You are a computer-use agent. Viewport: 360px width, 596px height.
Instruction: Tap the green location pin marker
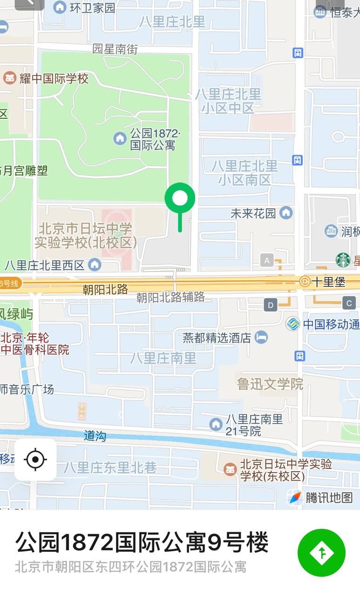(x=180, y=199)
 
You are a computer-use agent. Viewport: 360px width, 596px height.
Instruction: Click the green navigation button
(x=321, y=553)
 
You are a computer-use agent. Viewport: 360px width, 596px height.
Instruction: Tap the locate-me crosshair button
(x=35, y=460)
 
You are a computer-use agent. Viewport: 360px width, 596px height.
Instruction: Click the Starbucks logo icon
(x=343, y=260)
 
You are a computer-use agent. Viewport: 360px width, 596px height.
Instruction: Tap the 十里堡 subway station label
(x=328, y=281)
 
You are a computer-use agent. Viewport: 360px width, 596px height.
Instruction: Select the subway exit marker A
(x=267, y=260)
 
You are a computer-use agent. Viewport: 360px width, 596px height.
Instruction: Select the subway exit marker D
(x=271, y=305)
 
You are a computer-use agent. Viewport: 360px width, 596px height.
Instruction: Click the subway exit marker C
(x=349, y=303)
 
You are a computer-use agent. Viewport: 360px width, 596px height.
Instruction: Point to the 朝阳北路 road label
(x=105, y=289)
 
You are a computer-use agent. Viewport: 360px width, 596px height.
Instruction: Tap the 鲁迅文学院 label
(x=270, y=384)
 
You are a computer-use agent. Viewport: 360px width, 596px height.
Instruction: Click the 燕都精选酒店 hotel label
(x=217, y=338)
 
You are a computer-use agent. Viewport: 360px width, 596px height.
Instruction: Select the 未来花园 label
(x=253, y=213)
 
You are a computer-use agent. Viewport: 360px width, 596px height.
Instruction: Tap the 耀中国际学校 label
(x=54, y=78)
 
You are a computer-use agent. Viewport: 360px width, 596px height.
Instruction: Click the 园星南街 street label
(x=115, y=48)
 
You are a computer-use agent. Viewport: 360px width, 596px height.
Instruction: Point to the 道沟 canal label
(x=95, y=436)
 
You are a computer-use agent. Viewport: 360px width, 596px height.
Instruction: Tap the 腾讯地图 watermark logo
(x=321, y=497)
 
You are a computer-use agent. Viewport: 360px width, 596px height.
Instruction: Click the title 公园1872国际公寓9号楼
(x=142, y=542)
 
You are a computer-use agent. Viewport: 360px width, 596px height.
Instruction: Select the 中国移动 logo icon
(x=293, y=324)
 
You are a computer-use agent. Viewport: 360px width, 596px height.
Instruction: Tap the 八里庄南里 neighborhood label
(x=163, y=358)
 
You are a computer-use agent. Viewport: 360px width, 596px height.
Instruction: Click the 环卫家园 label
(x=92, y=7)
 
